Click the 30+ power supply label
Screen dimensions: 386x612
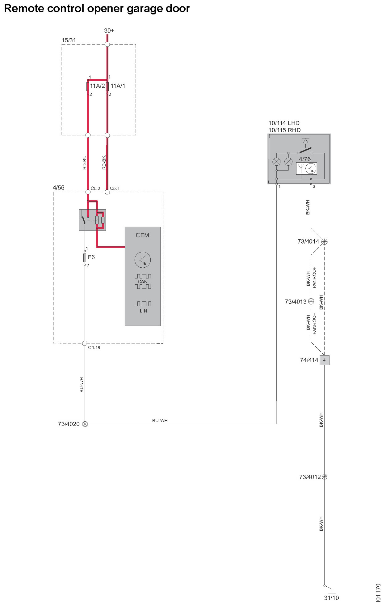pyautogui.click(x=109, y=31)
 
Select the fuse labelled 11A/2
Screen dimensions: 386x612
pyautogui.click(x=88, y=87)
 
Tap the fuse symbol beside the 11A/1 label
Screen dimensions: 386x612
pyautogui.click(x=107, y=87)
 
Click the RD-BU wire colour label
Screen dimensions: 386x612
pyautogui.click(x=85, y=163)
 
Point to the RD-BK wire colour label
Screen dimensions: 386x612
pyautogui.click(x=104, y=163)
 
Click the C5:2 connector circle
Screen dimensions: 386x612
pyautogui.click(x=88, y=192)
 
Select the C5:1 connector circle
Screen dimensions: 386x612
pyautogui.click(x=107, y=192)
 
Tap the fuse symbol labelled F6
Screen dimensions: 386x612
pyautogui.click(x=85, y=257)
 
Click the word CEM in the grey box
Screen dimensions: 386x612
pyautogui.click(x=142, y=235)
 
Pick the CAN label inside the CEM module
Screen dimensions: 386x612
pyautogui.click(x=143, y=282)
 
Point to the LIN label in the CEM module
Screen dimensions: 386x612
pyautogui.click(x=143, y=311)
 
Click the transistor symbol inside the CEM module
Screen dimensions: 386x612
pyautogui.click(x=143, y=260)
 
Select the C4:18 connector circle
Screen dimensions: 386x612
pyautogui.click(x=85, y=343)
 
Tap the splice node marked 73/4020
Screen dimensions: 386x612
pyautogui.click(x=85, y=424)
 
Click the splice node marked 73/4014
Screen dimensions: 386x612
pyautogui.click(x=324, y=241)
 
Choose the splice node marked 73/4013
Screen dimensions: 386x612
pyautogui.click(x=311, y=301)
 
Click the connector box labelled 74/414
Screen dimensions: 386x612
pyautogui.click(x=324, y=360)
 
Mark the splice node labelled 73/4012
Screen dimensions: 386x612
pyautogui.click(x=324, y=477)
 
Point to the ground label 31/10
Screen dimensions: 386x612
pyautogui.click(x=331, y=598)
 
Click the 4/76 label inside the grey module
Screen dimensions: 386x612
pyautogui.click(x=305, y=159)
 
